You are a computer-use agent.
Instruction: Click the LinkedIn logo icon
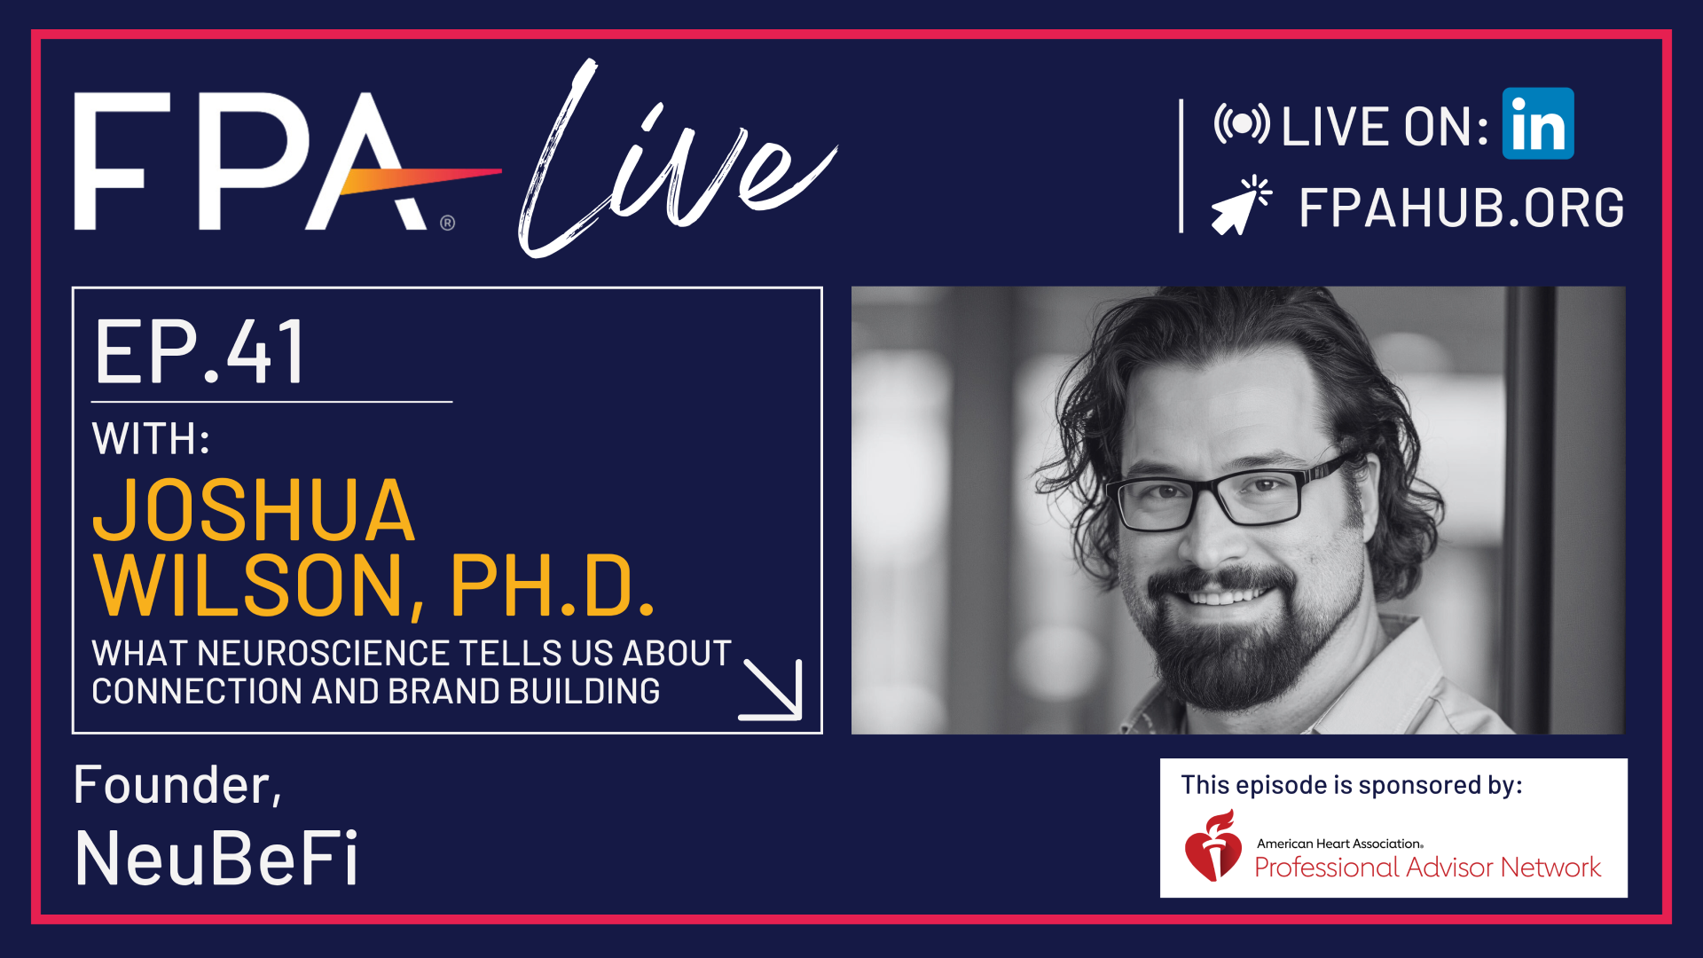click(x=1538, y=123)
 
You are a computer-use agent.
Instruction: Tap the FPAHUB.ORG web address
click(x=1462, y=208)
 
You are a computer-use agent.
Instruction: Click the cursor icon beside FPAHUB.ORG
click(x=1242, y=206)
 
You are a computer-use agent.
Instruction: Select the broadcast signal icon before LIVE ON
click(x=1242, y=124)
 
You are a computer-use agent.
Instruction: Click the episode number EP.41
click(x=200, y=352)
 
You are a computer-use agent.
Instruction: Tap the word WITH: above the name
click(x=151, y=438)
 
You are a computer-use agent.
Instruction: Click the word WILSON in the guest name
click(x=248, y=585)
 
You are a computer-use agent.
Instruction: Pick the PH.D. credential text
click(x=553, y=585)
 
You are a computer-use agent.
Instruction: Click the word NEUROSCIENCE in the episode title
click(x=319, y=654)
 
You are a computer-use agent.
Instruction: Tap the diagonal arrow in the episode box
click(x=772, y=689)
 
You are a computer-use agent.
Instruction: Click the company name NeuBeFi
click(x=216, y=859)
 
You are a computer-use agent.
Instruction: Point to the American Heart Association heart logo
click(x=1213, y=845)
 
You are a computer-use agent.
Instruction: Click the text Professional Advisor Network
click(x=1428, y=867)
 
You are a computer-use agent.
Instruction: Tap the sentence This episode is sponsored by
click(x=1352, y=785)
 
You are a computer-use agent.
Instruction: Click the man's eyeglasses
click(x=1228, y=492)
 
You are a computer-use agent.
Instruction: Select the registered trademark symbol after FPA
click(x=448, y=223)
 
